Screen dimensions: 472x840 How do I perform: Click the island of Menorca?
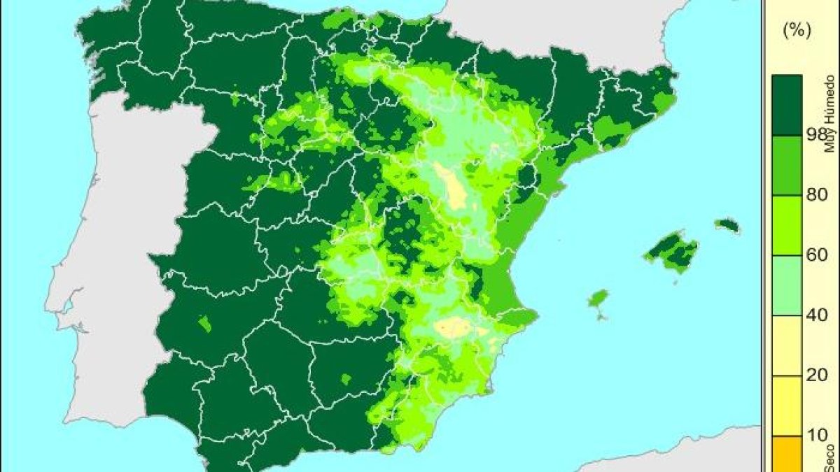point(728,226)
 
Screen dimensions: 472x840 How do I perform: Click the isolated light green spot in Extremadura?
point(204,324)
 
